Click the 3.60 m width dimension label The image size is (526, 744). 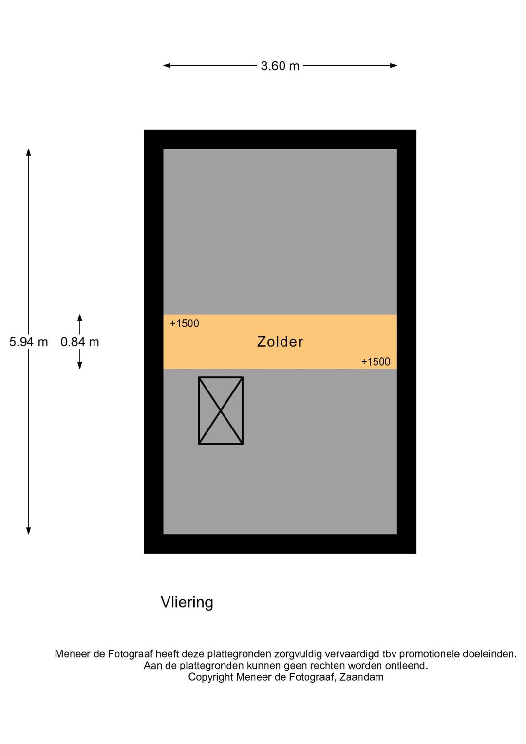click(x=280, y=66)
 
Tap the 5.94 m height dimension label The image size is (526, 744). click(x=29, y=342)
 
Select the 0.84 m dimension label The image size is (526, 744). click(x=80, y=342)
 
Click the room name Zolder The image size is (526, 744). click(x=280, y=342)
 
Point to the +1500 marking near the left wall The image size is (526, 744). click(x=185, y=323)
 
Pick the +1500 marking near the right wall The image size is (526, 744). click(x=376, y=362)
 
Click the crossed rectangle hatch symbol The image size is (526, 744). click(x=221, y=410)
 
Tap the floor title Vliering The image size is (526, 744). click(x=187, y=602)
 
